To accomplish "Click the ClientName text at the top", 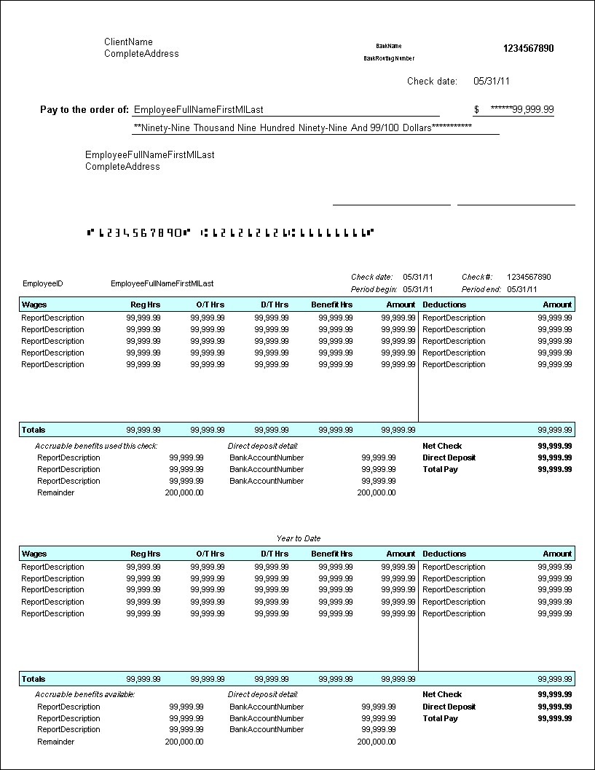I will click(128, 42).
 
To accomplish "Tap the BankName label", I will click(389, 46).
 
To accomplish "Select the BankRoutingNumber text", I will click(389, 58).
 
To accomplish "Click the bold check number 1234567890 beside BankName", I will click(528, 49).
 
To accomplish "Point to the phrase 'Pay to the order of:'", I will click(84, 110).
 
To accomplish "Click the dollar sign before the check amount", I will click(476, 110).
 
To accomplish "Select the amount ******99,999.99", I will click(521, 110).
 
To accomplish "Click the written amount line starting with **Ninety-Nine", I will click(302, 127).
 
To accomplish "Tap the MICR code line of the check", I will click(230, 233).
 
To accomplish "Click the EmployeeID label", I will click(43, 283).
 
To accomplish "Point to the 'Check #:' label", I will click(477, 277).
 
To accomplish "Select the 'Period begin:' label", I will click(374, 289).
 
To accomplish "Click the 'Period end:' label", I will click(481, 289).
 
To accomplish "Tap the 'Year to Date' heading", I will click(298, 538).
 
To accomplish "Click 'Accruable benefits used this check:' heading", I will click(96, 446).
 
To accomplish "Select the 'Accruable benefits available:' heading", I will click(84, 694).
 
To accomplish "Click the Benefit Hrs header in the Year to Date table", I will click(331, 554).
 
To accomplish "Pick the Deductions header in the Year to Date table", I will click(444, 554).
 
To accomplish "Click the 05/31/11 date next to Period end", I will click(522, 289).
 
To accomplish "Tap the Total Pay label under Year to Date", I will click(440, 718).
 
